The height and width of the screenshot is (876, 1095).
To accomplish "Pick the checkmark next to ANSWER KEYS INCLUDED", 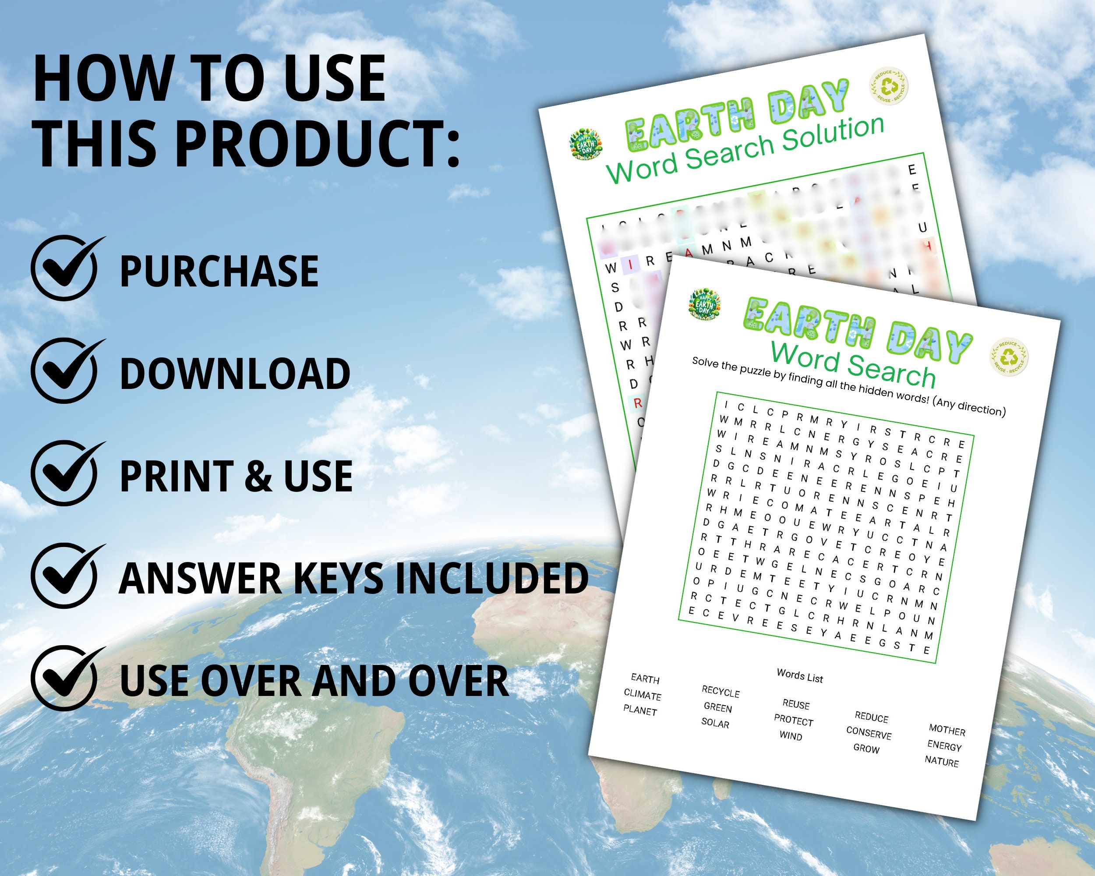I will (64, 576).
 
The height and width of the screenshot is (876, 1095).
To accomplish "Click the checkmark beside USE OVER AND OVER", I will (64, 679).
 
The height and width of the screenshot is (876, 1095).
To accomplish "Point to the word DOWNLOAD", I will (235, 374).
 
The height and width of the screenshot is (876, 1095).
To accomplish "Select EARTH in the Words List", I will (645, 679).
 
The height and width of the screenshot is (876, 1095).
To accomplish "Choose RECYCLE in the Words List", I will (721, 692).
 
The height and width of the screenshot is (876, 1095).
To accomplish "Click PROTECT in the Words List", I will (793, 721).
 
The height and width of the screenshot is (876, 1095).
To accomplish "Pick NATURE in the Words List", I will (942, 762).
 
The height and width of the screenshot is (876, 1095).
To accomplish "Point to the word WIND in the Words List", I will (791, 736).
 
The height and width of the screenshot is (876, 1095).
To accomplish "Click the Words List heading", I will (800, 676).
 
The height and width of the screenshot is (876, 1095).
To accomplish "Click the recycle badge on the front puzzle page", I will (1009, 357).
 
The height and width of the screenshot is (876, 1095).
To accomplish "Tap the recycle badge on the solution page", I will (889, 87).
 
